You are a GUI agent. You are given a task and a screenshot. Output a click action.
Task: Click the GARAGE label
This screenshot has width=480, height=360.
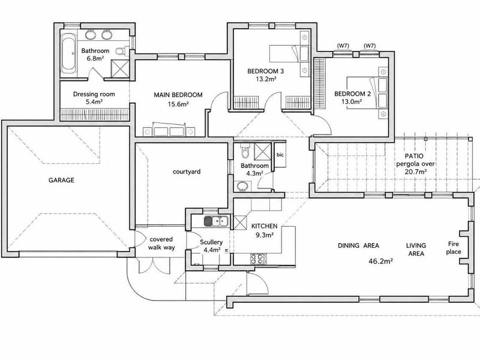(x=61, y=180)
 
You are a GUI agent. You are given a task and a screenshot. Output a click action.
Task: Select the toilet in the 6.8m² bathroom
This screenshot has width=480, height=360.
(x=122, y=51)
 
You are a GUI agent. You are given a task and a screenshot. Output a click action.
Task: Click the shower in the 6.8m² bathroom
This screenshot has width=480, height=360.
(x=119, y=68)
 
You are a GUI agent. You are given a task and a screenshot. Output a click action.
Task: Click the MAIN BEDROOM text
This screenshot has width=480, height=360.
(x=178, y=95)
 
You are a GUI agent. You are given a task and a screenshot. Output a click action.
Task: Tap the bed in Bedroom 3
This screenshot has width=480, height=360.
(x=289, y=54)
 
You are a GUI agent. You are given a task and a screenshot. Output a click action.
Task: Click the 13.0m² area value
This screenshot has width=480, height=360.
(x=352, y=101)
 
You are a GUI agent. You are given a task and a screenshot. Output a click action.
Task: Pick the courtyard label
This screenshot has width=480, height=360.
(x=187, y=172)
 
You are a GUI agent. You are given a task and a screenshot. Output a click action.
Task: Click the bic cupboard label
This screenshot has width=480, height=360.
(x=280, y=155)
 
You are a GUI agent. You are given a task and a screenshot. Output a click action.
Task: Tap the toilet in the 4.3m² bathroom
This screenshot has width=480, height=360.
(x=245, y=150)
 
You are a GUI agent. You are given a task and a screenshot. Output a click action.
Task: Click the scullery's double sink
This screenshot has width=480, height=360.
(x=216, y=221)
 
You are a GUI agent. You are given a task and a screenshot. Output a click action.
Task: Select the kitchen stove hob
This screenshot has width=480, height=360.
(x=258, y=259)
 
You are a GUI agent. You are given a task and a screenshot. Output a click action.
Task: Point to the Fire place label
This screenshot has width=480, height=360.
(x=454, y=248)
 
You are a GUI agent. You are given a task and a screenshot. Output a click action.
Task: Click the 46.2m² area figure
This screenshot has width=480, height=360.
(x=381, y=261)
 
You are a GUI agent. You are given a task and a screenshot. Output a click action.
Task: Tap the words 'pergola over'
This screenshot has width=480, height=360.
(x=415, y=164)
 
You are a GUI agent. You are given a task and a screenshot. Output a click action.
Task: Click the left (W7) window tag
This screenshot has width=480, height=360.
(x=343, y=46)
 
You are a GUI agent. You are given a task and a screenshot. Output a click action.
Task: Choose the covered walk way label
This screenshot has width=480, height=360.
(x=161, y=243)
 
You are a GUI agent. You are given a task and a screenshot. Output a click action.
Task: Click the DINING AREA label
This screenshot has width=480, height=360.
(x=358, y=245)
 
